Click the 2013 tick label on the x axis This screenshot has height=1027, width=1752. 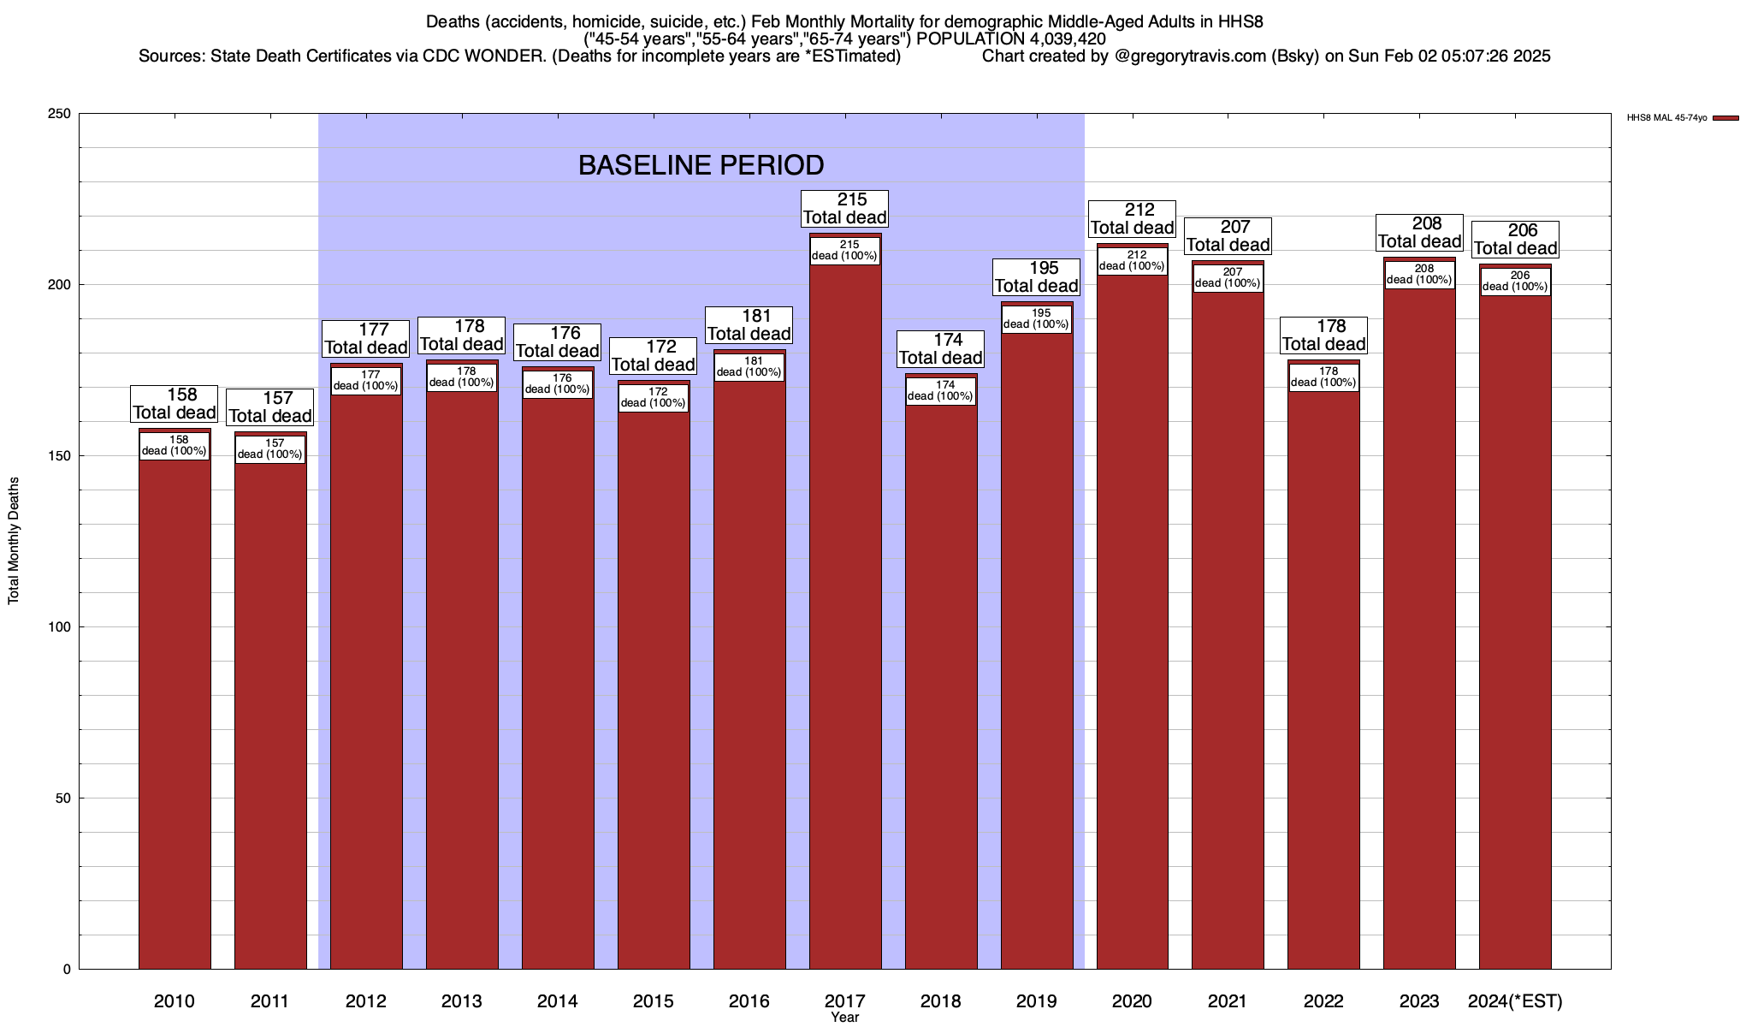pyautogui.click(x=462, y=1000)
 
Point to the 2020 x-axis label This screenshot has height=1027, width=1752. pyautogui.click(x=1132, y=1000)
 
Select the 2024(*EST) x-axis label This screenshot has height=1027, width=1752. pyautogui.click(x=1515, y=1000)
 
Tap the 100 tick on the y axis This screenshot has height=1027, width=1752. pyautogui.click(x=59, y=627)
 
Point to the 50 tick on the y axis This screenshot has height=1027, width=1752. pyautogui.click(x=62, y=798)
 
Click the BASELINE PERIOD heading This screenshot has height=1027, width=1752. pyautogui.click(x=701, y=165)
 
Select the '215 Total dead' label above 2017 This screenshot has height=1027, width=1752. pyautogui.click(x=845, y=209)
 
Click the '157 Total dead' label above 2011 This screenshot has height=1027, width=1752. pyautogui.click(x=270, y=407)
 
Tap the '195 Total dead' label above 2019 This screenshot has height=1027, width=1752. pyautogui.click(x=1037, y=277)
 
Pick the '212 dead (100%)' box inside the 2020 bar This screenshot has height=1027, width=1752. pyautogui.click(x=1132, y=261)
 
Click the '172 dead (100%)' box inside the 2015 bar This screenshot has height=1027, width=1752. pyautogui.click(x=654, y=398)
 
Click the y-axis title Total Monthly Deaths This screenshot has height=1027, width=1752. pyautogui.click(x=14, y=541)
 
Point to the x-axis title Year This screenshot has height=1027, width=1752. pyautogui.click(x=844, y=1018)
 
